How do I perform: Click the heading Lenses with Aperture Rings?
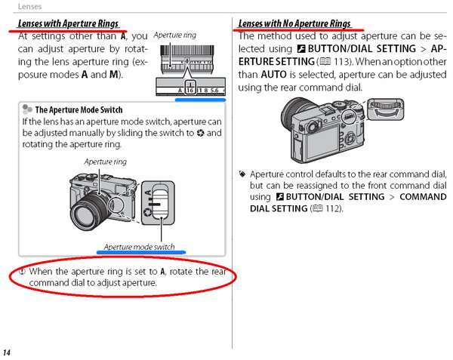tap(68, 23)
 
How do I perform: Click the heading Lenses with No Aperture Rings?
tap(294, 23)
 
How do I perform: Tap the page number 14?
tap(7, 352)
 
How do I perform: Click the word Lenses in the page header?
tap(29, 6)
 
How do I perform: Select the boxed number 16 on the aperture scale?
tap(190, 91)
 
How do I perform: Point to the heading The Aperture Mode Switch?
tap(79, 109)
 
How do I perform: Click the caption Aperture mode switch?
tap(139, 247)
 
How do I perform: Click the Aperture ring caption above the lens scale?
tap(175, 35)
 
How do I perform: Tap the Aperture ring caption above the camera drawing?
tap(106, 162)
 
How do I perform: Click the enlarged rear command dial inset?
tap(386, 109)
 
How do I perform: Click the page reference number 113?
tap(342, 61)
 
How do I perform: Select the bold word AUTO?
tap(274, 75)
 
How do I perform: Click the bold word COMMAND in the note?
tap(423, 197)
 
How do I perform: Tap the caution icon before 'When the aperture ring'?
tap(22, 272)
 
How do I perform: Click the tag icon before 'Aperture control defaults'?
tap(242, 174)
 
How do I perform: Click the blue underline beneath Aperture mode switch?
tap(141, 252)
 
